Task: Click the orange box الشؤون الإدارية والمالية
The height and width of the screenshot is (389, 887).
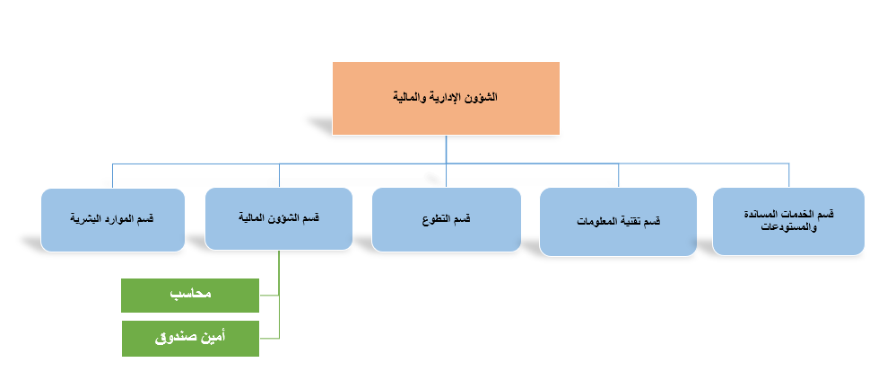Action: pos(446,98)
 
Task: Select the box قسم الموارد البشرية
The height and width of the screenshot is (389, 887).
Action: pos(113,220)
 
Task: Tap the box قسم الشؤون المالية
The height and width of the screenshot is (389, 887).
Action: pos(279,219)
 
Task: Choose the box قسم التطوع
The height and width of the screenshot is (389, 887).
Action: pos(447,219)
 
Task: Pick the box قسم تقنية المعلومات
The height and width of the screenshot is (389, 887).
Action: pos(618,222)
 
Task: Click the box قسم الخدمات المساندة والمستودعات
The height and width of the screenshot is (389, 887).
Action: pos(788,221)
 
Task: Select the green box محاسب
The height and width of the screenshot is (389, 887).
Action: pos(190,296)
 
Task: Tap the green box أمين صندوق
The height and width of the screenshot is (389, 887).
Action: pos(191,339)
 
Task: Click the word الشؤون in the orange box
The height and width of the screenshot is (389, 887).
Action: pos(483,98)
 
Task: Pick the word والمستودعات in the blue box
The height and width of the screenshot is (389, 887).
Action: pos(790,226)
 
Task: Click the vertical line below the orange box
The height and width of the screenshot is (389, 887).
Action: pos(446,161)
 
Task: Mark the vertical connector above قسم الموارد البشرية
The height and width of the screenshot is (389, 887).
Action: pos(113,176)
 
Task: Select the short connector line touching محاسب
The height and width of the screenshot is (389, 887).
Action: pos(269,296)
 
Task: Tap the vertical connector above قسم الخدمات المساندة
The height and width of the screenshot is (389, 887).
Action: pos(788,176)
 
